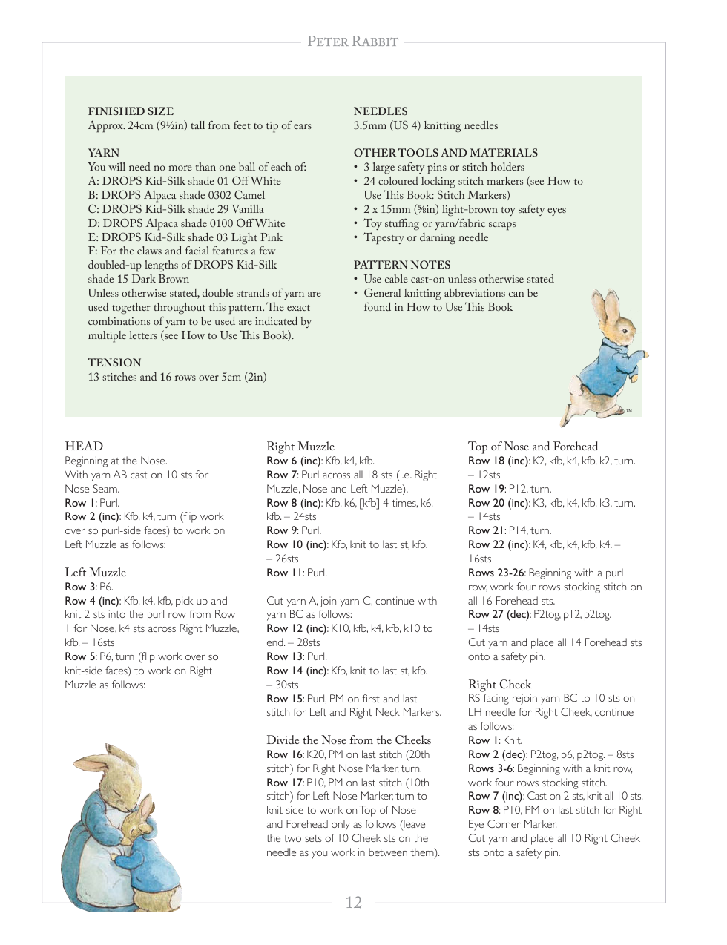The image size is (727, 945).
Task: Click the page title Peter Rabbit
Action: [353, 42]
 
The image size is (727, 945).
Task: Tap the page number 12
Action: [353, 902]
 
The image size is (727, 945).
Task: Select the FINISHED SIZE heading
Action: [131, 111]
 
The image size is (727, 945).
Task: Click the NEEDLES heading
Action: [381, 111]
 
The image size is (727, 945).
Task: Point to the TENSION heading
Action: [114, 363]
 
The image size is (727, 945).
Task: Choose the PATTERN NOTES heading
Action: [402, 265]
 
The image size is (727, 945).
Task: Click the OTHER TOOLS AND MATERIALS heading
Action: [446, 153]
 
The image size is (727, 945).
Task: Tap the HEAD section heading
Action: [84, 446]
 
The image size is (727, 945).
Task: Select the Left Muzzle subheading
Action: [95, 572]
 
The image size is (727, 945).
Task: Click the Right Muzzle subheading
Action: [300, 446]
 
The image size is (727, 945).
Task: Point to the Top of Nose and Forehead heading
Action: [533, 446]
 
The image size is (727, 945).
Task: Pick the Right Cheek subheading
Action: [499, 684]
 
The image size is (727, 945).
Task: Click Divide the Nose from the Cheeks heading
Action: [349, 740]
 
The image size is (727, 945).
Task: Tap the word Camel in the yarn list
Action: [249, 195]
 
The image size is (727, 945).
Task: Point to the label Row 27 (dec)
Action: [499, 614]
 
